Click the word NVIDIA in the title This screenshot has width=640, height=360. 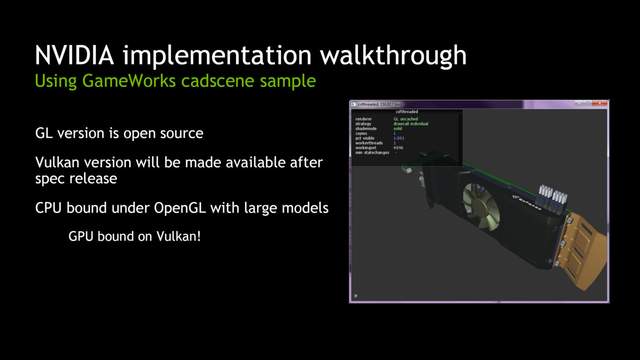click(74, 55)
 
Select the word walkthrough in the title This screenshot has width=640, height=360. click(393, 55)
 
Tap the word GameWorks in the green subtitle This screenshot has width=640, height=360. click(129, 81)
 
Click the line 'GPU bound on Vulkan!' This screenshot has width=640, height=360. click(134, 236)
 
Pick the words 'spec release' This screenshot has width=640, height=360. click(76, 178)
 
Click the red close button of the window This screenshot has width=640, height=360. click(599, 103)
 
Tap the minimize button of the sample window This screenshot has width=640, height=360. click(579, 103)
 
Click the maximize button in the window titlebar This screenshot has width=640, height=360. click(588, 103)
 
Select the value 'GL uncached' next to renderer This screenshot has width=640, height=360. click(406, 119)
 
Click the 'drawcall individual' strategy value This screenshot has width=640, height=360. click(411, 124)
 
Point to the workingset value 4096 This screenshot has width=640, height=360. click(398, 148)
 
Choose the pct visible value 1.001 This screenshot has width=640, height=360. click(399, 138)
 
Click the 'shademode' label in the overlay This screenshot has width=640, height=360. click(366, 129)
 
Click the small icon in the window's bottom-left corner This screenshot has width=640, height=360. click(355, 296)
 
